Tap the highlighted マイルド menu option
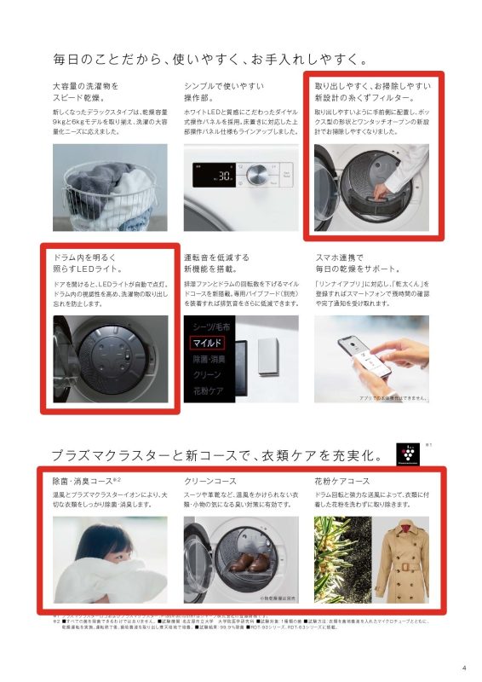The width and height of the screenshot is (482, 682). click(x=207, y=343)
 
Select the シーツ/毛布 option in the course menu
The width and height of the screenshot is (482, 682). click(x=209, y=327)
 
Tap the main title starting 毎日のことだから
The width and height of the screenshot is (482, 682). click(x=209, y=60)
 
